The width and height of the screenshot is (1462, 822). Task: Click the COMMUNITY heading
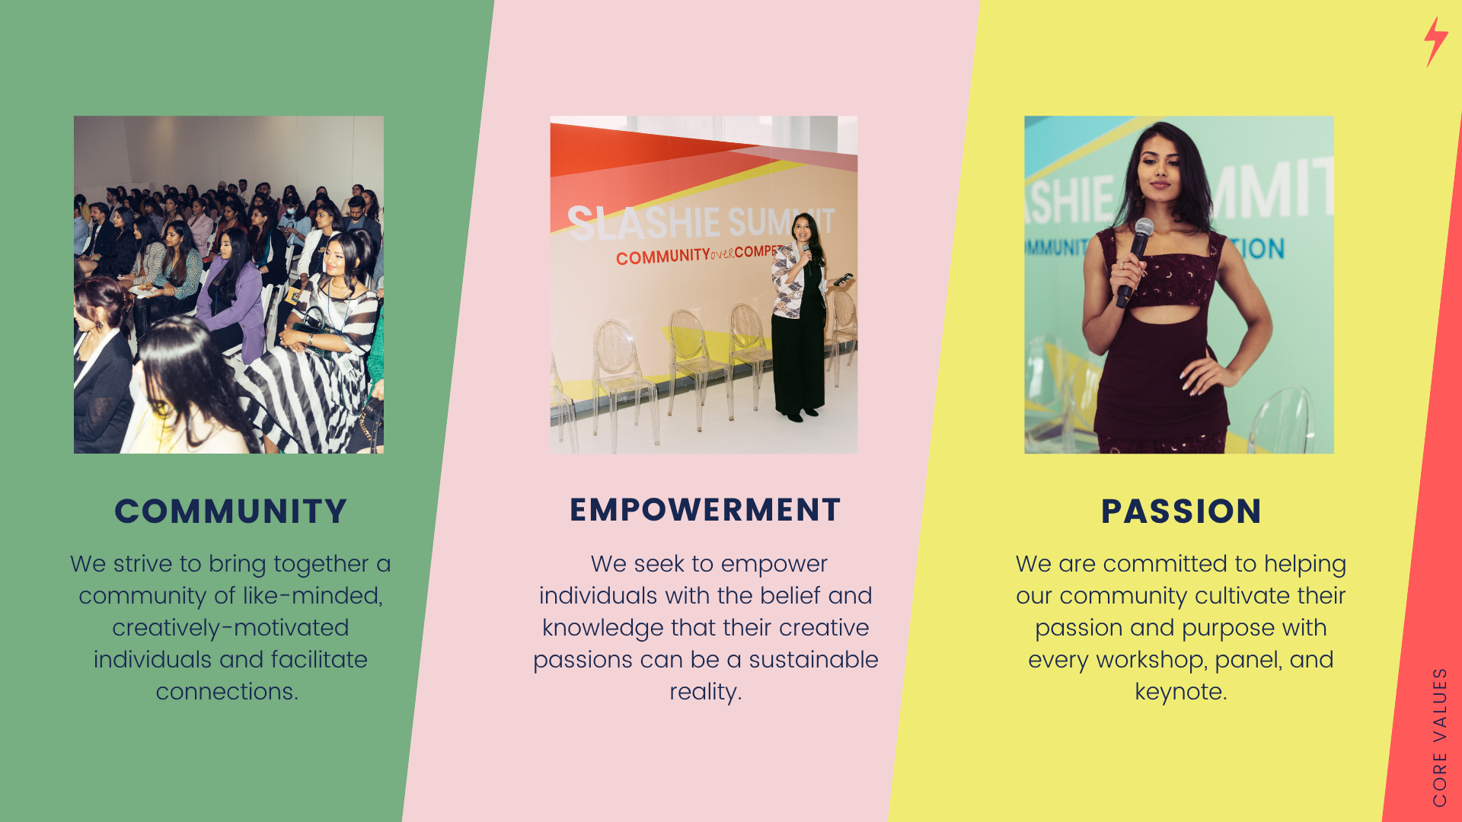tap(231, 511)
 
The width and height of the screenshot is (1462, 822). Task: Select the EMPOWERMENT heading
tap(705, 510)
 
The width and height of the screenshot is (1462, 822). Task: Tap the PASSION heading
tap(1181, 511)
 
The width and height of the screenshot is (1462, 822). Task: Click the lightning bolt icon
tap(1435, 42)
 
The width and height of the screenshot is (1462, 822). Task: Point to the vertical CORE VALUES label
tap(1439, 737)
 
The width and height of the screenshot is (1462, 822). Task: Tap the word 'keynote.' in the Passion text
tap(1181, 692)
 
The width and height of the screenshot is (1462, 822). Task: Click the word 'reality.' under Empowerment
tap(706, 693)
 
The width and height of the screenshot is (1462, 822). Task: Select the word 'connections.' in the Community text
tap(227, 692)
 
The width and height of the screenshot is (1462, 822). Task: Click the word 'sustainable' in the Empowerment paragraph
tap(813, 660)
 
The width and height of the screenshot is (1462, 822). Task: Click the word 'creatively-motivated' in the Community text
tap(230, 628)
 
